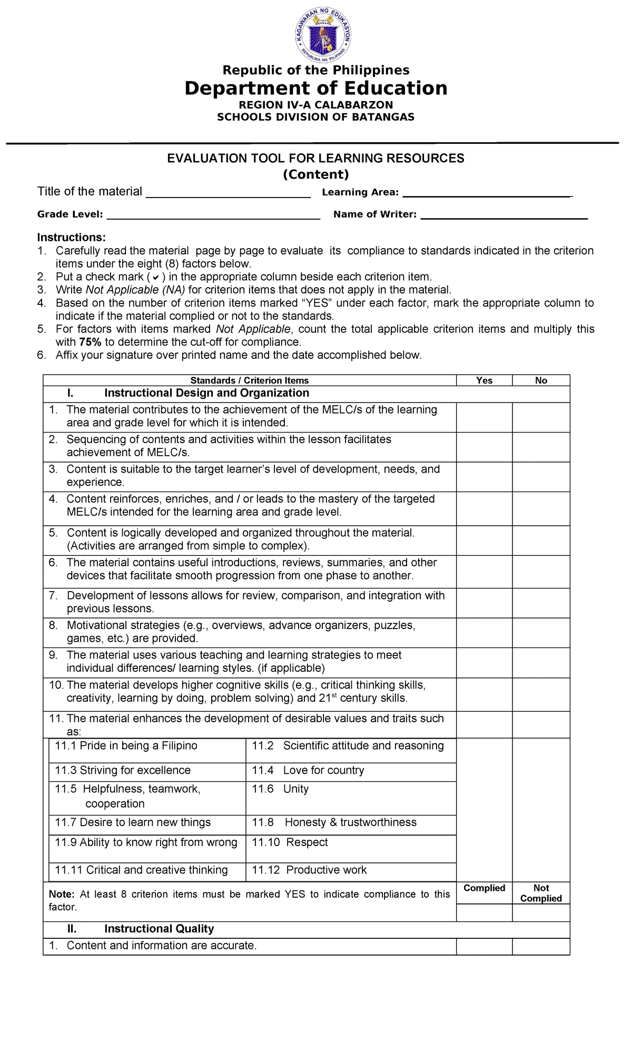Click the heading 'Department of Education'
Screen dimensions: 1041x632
pos(315,88)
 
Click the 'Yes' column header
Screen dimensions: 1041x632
pos(484,380)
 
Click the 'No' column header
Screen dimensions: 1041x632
pos(541,380)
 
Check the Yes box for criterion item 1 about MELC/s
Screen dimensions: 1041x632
pos(484,417)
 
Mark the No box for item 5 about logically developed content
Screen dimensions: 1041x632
pos(541,540)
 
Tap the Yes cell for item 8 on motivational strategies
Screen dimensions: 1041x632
pos(484,632)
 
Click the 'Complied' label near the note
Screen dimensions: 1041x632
pos(484,888)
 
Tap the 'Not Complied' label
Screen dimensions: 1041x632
pos(541,893)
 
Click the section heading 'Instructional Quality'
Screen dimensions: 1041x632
pos(159,929)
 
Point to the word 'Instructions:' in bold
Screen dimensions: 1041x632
pos(71,238)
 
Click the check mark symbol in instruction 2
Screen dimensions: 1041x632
pos(155,278)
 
